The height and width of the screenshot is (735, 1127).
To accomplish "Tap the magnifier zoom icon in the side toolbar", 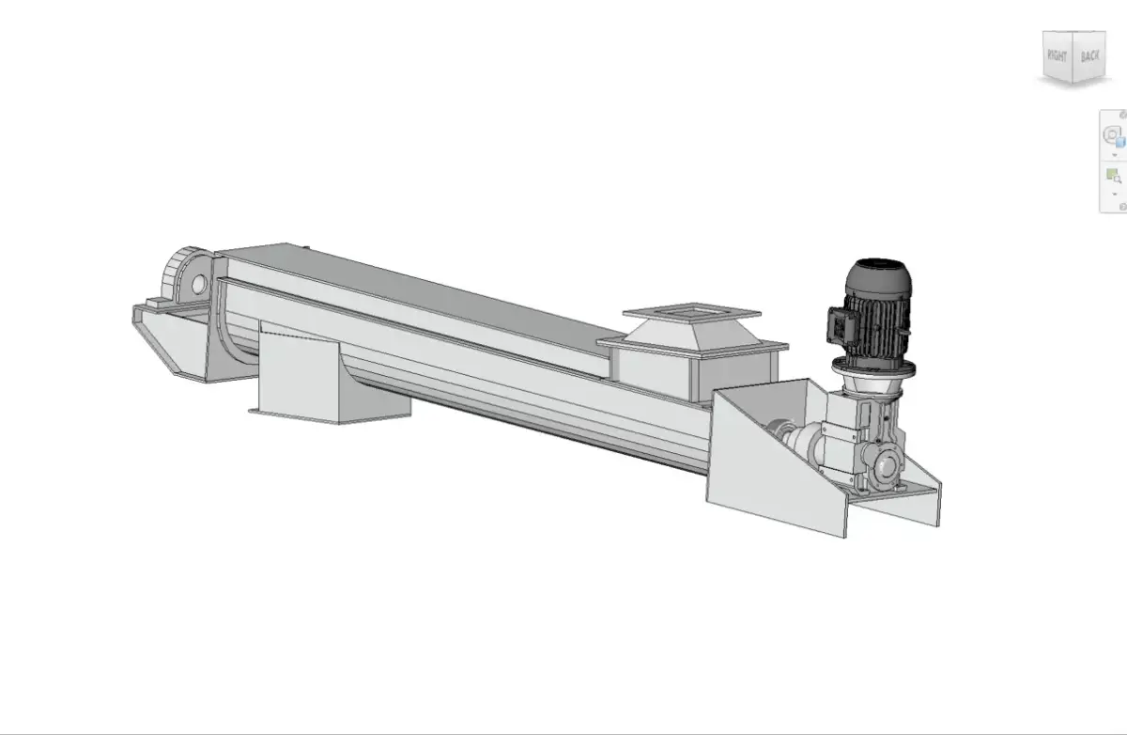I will tap(1114, 176).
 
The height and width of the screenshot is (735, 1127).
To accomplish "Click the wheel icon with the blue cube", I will tap(1113, 136).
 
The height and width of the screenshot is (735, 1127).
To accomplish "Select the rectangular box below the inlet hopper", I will tap(648, 371).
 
